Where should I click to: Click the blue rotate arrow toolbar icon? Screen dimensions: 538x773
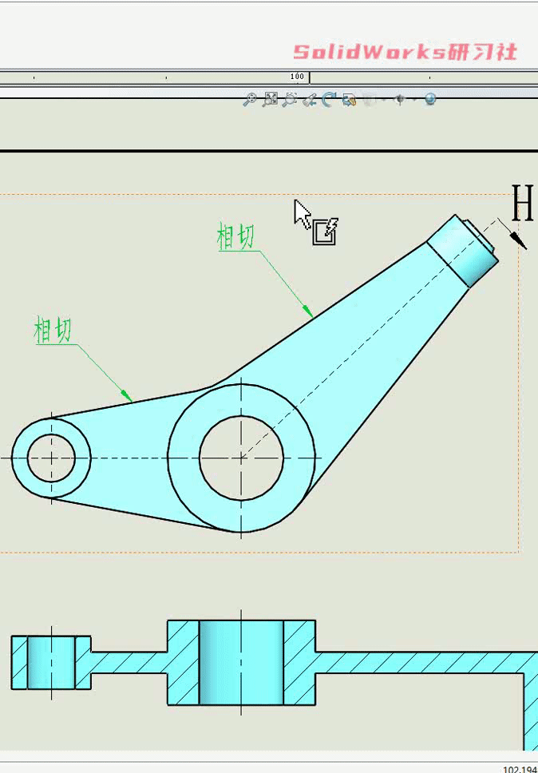328,99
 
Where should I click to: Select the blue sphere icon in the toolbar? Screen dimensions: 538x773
430,99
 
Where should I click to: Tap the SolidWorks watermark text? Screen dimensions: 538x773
405,53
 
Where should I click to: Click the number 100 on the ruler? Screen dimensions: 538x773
297,77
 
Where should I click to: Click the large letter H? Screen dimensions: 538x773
522,204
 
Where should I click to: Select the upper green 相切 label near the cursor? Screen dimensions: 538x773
236,237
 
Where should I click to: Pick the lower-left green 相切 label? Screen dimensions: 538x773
53,330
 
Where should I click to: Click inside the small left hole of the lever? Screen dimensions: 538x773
51,458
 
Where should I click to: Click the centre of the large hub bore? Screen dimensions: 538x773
241,458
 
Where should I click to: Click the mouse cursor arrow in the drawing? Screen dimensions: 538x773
302,213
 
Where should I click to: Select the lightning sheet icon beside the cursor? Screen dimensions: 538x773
326,231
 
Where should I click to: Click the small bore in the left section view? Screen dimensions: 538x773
51,662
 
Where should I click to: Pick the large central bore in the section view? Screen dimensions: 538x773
241,661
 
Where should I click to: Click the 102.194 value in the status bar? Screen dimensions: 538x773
520,769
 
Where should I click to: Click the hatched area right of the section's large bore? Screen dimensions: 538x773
299,661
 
